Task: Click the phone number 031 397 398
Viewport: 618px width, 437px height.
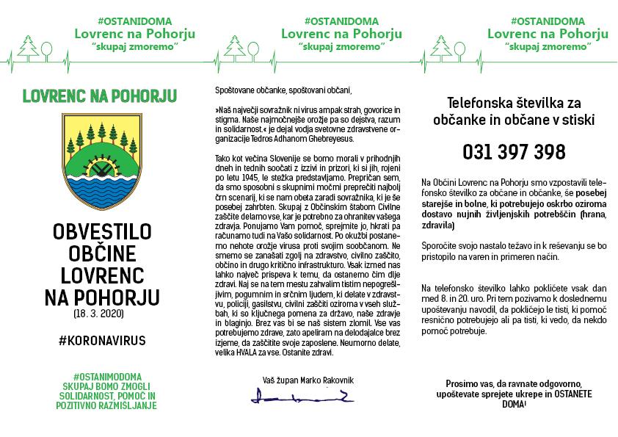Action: click(514, 152)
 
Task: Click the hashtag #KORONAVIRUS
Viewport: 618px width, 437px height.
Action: click(101, 341)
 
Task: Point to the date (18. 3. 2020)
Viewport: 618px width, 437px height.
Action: click(100, 314)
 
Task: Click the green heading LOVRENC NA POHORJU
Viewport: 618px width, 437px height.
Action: click(100, 95)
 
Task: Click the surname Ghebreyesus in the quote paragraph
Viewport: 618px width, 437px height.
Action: click(331, 138)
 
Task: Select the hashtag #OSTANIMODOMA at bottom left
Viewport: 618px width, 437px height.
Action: click(101, 377)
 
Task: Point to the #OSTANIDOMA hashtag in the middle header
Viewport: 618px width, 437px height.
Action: click(342, 21)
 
